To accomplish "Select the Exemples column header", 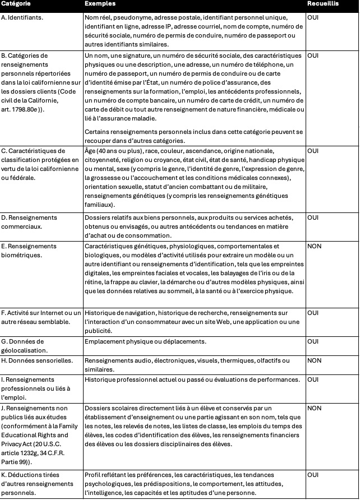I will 100,4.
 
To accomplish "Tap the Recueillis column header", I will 322,4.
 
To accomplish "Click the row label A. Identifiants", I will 23,17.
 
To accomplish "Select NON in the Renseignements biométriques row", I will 315,246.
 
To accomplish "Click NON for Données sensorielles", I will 315,360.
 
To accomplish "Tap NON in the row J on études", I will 315,408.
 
